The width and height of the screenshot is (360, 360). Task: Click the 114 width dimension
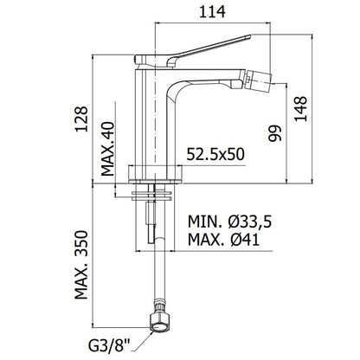click(212, 12)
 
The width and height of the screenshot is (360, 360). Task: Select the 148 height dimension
click(300, 109)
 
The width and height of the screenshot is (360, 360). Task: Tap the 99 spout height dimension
click(274, 133)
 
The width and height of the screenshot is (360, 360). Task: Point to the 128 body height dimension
click(81, 119)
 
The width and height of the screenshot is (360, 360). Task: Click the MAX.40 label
click(107, 149)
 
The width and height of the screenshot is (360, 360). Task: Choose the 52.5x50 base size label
click(215, 154)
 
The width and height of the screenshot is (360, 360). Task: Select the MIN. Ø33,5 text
click(230, 222)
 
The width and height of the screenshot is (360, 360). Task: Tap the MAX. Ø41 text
click(223, 239)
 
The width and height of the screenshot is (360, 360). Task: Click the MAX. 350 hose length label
click(81, 265)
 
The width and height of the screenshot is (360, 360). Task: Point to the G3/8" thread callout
click(109, 346)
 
